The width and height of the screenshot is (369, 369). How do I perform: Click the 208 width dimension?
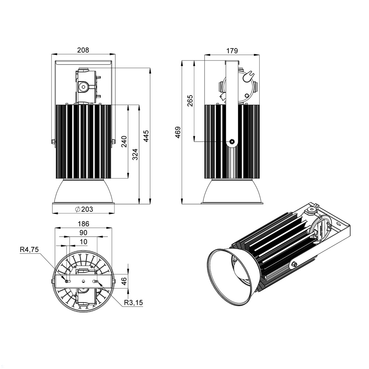pyautogui.click(x=83, y=50)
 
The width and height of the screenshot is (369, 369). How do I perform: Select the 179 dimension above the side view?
pyautogui.click(x=232, y=51)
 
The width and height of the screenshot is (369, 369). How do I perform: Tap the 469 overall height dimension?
pyautogui.click(x=178, y=132)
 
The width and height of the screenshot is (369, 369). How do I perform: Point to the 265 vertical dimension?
pyautogui.click(x=190, y=100)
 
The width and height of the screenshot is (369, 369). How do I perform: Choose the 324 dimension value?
pyautogui.click(x=135, y=154)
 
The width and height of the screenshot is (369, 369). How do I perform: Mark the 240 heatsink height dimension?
pyautogui.click(x=124, y=141)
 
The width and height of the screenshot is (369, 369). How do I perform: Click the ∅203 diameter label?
pyautogui.click(x=84, y=209)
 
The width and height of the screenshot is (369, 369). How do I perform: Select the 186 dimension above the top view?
pyautogui.click(x=83, y=224)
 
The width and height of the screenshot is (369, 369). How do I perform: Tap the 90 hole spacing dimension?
pyautogui.click(x=83, y=232)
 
